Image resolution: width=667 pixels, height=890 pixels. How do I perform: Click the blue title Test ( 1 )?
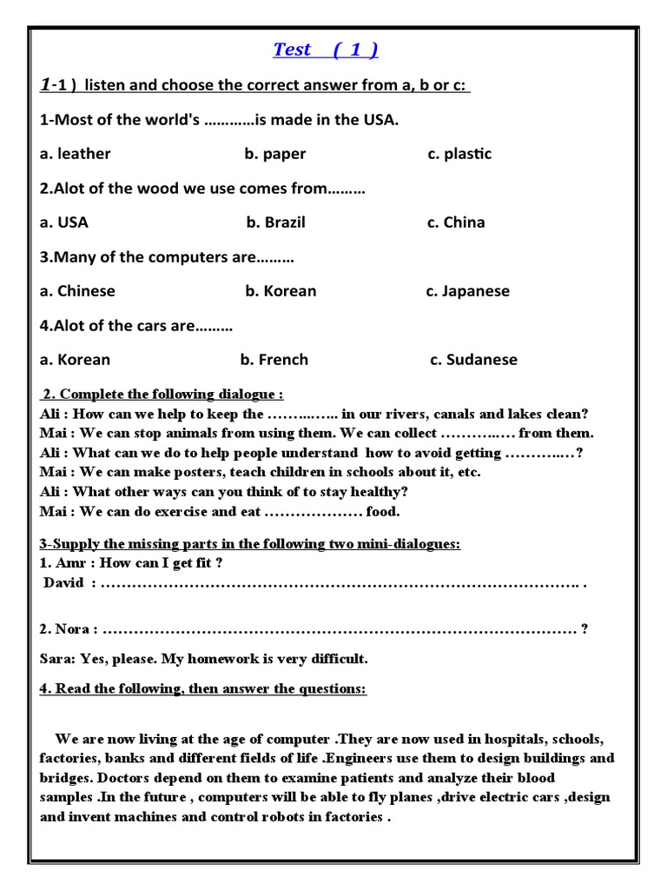point(326,50)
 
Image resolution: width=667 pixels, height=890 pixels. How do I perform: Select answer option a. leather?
point(76,154)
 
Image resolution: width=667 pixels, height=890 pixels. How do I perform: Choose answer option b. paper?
point(274,154)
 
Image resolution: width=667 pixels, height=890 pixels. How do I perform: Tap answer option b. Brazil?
point(275,222)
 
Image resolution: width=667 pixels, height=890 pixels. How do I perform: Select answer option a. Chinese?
point(77,291)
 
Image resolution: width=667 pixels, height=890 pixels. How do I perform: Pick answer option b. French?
point(274,360)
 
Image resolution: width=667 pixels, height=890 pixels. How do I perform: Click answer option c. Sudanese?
point(473,360)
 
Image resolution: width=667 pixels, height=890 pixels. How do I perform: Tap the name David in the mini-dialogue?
point(64,583)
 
